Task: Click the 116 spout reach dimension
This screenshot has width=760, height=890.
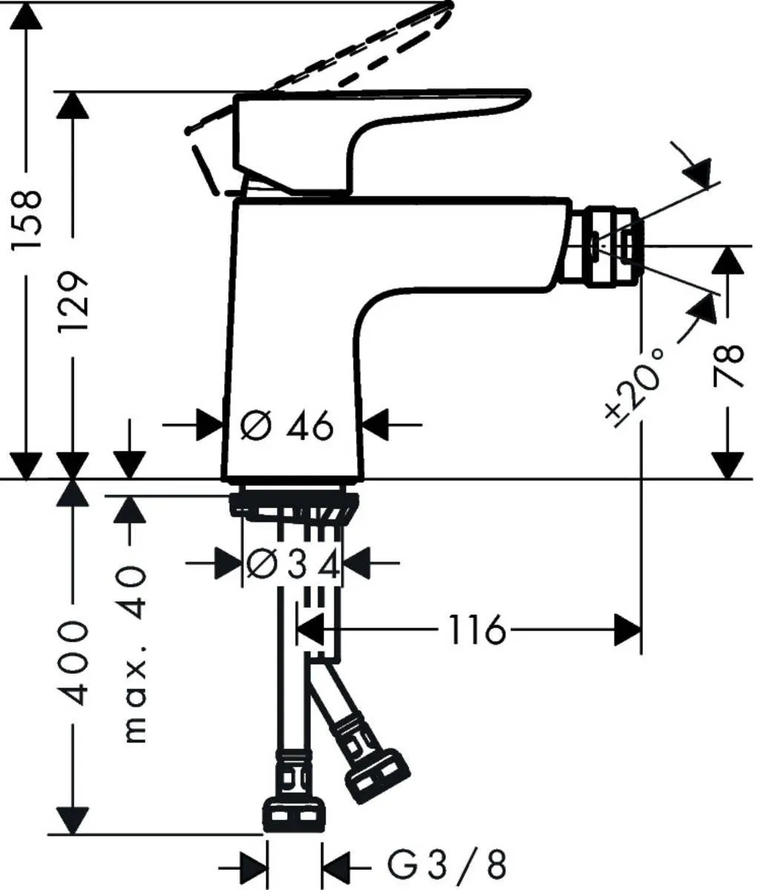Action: click(x=475, y=631)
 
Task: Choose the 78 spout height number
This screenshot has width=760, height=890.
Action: click(x=729, y=366)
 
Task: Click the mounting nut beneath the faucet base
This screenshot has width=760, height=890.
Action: click(x=294, y=506)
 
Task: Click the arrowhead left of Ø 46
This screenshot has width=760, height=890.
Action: click(x=210, y=426)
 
